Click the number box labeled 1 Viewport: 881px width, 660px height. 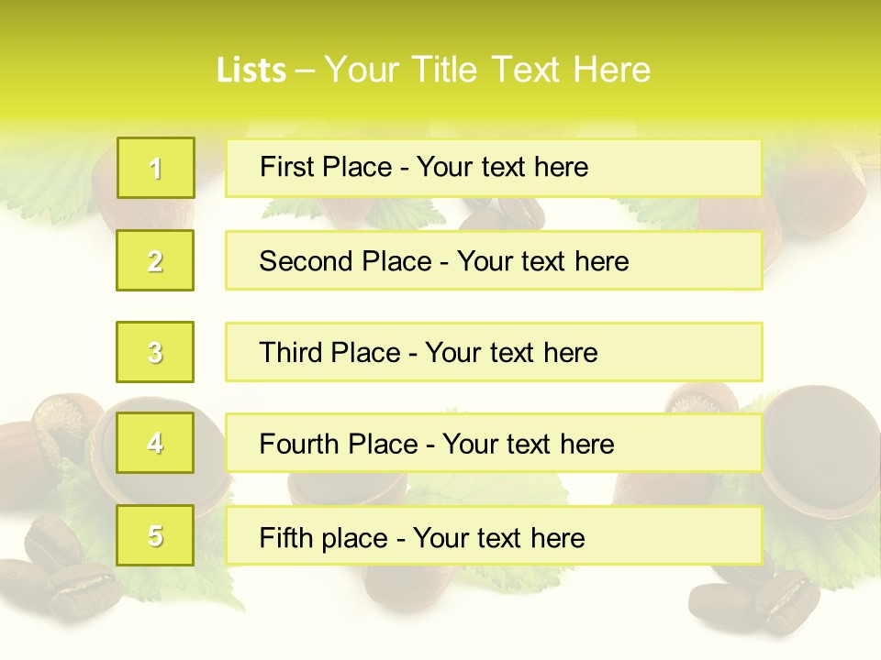point(156,168)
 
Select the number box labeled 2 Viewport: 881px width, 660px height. point(156,260)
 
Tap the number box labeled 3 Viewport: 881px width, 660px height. point(156,352)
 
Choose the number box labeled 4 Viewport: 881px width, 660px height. point(156,444)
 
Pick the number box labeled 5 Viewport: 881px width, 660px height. point(156,535)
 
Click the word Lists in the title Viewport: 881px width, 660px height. point(251,71)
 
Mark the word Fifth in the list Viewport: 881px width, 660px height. point(286,537)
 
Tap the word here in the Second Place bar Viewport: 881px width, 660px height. point(602,261)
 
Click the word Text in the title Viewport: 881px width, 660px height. point(525,71)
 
